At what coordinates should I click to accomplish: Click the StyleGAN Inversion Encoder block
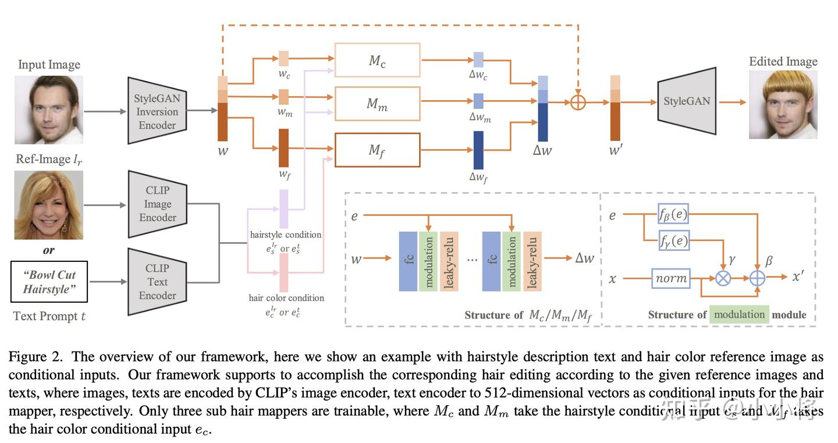[157, 111]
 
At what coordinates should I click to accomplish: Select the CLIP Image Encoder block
[157, 204]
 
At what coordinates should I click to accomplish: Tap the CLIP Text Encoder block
[157, 282]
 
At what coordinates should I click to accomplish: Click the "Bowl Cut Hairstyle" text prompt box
[49, 282]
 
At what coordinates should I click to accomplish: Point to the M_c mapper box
[377, 60]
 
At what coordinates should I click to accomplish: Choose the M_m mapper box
[377, 104]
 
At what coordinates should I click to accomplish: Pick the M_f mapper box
[377, 150]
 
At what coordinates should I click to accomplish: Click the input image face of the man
[49, 109]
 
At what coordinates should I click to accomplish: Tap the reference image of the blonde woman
[49, 205]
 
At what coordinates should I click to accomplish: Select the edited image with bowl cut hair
[783, 105]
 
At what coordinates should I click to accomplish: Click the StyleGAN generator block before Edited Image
[687, 102]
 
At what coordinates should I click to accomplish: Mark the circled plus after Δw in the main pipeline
[577, 102]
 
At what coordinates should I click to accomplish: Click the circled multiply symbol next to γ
[723, 278]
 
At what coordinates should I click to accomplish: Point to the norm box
[671, 278]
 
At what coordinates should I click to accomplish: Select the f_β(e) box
[673, 214]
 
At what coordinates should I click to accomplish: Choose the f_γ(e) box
[673, 240]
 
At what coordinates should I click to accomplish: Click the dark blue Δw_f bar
[478, 150]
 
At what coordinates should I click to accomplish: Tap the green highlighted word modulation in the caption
[739, 314]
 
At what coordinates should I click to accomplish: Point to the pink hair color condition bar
[284, 272]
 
